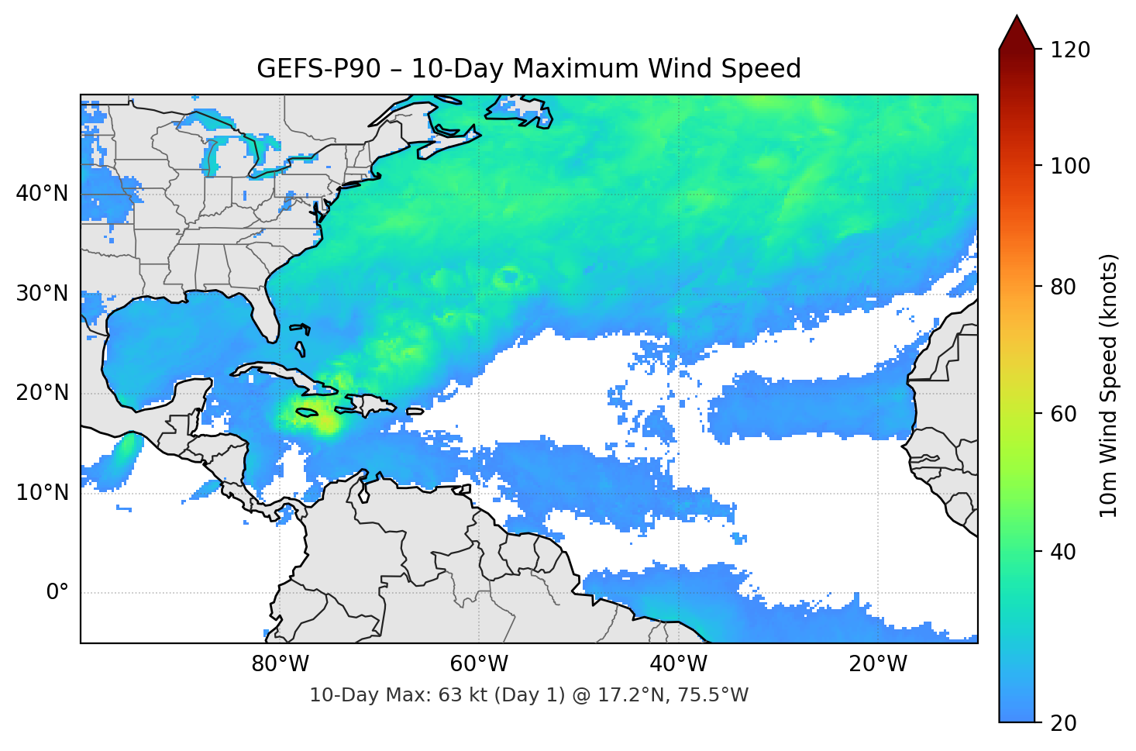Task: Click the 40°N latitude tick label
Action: point(42,194)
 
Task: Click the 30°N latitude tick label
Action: point(42,294)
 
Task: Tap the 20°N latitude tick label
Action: point(42,393)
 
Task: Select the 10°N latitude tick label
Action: point(42,493)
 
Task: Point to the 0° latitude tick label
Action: point(57,593)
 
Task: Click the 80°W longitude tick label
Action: point(280,664)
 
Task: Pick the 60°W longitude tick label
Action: point(479,664)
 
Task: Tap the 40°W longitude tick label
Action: point(678,664)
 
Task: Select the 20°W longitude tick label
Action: point(877,664)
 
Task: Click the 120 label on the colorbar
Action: point(1070,50)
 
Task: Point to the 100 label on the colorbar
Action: point(1070,166)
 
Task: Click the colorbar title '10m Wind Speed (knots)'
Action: point(1109,385)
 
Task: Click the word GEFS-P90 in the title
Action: point(318,69)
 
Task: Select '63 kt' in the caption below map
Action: point(463,695)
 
